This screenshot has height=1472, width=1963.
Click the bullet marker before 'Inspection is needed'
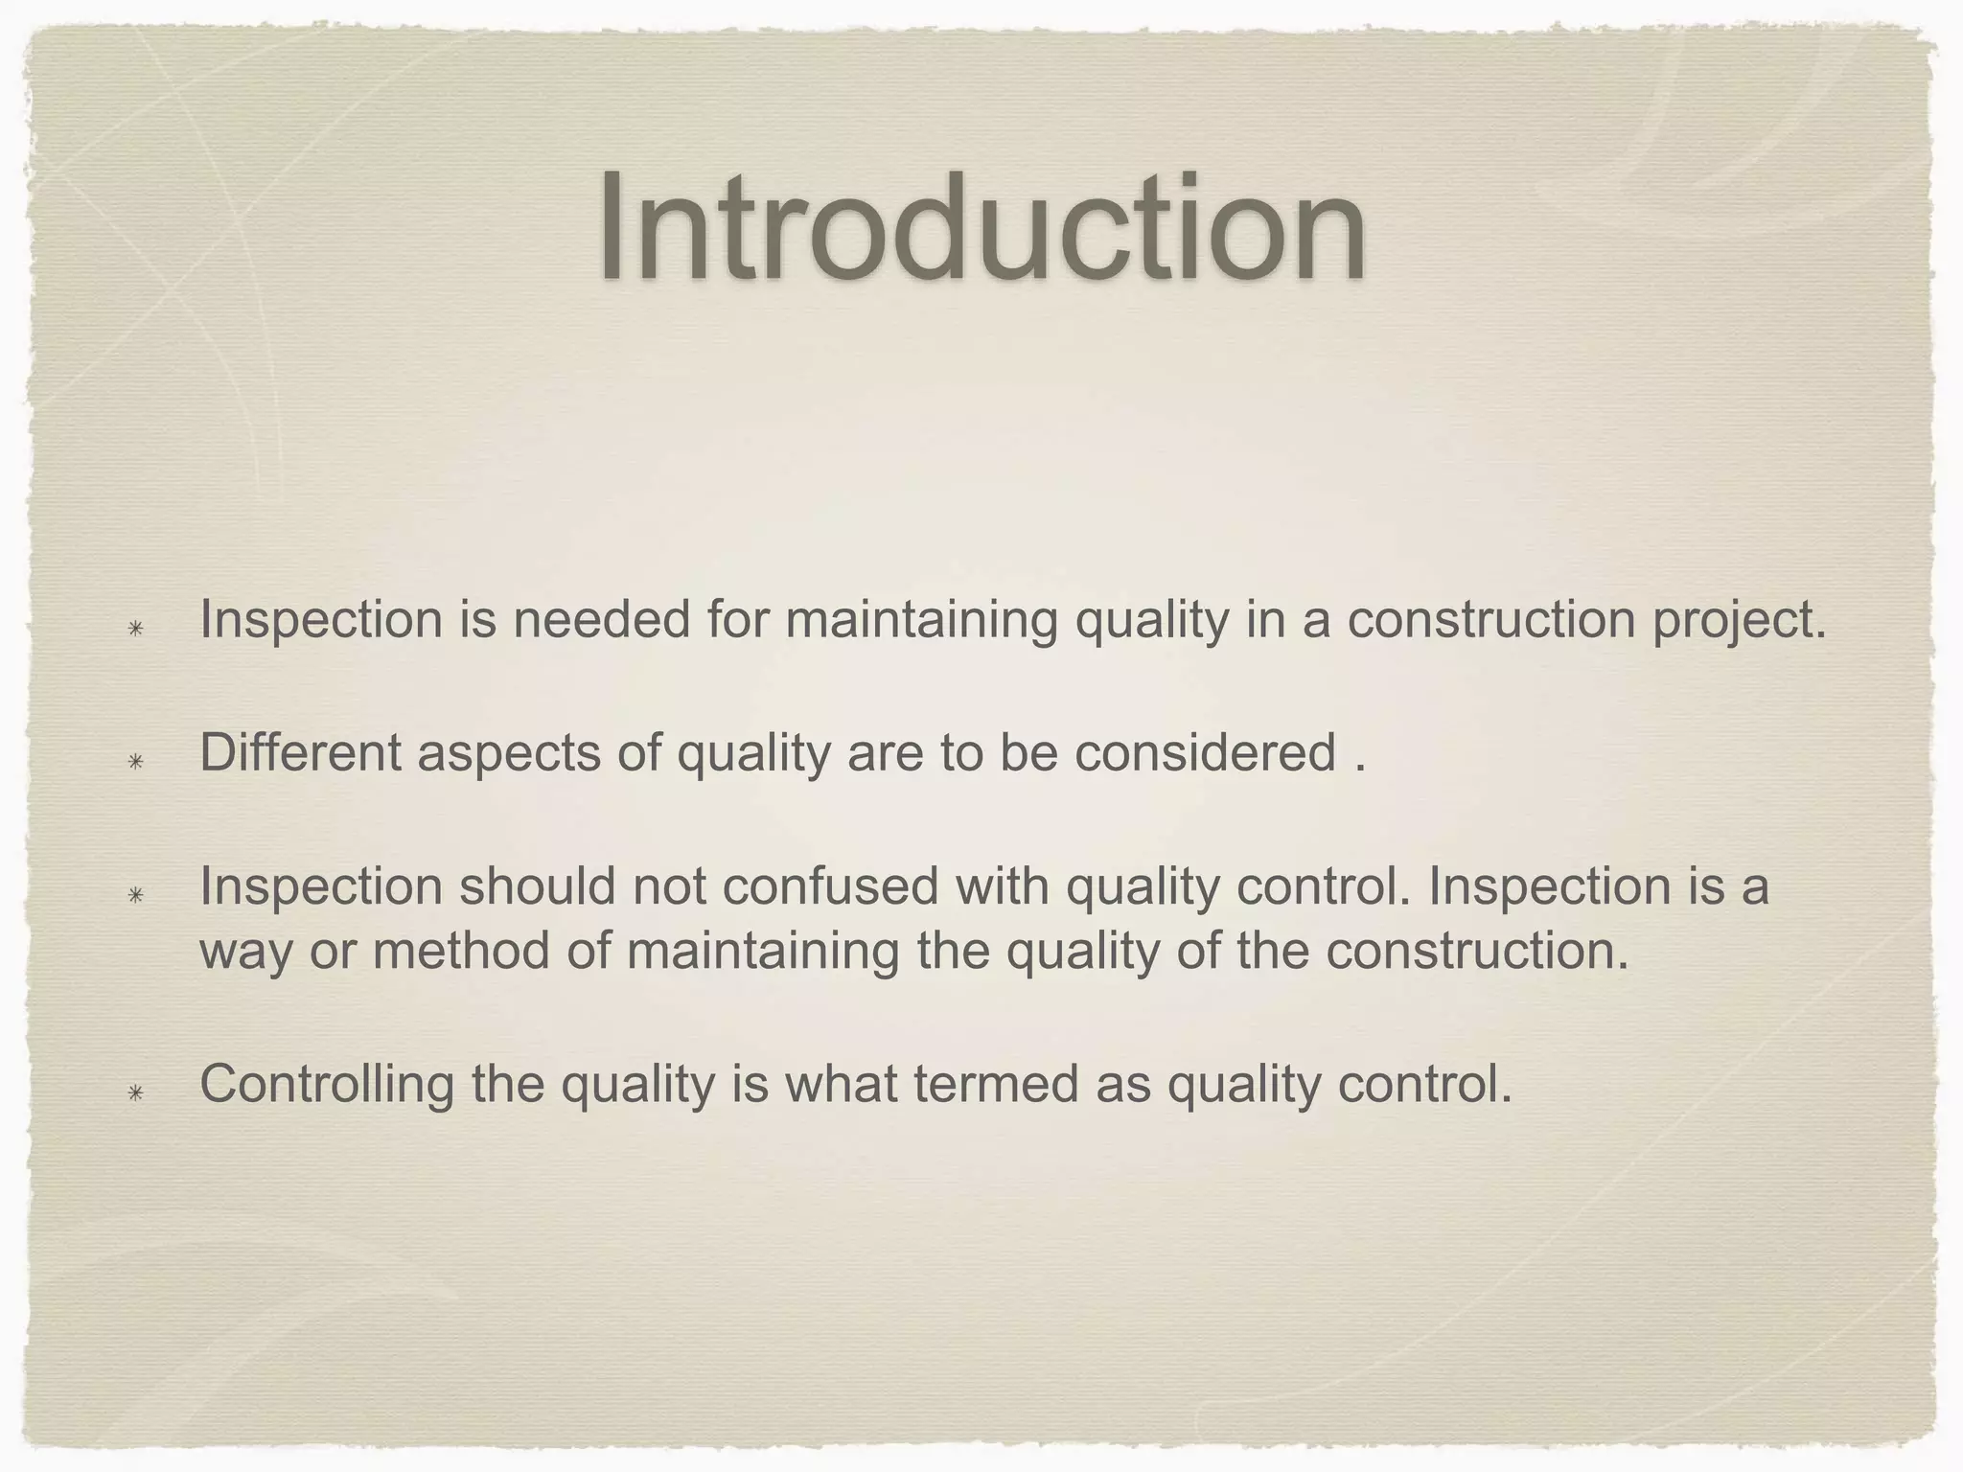(x=136, y=629)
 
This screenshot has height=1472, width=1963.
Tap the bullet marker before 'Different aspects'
(x=136, y=762)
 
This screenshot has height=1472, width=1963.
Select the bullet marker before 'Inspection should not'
(x=136, y=895)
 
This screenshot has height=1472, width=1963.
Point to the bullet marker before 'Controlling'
(x=136, y=1092)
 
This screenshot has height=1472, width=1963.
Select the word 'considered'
(x=1205, y=752)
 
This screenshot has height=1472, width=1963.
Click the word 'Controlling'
(x=327, y=1086)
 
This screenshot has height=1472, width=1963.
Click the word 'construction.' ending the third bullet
(x=1477, y=952)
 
